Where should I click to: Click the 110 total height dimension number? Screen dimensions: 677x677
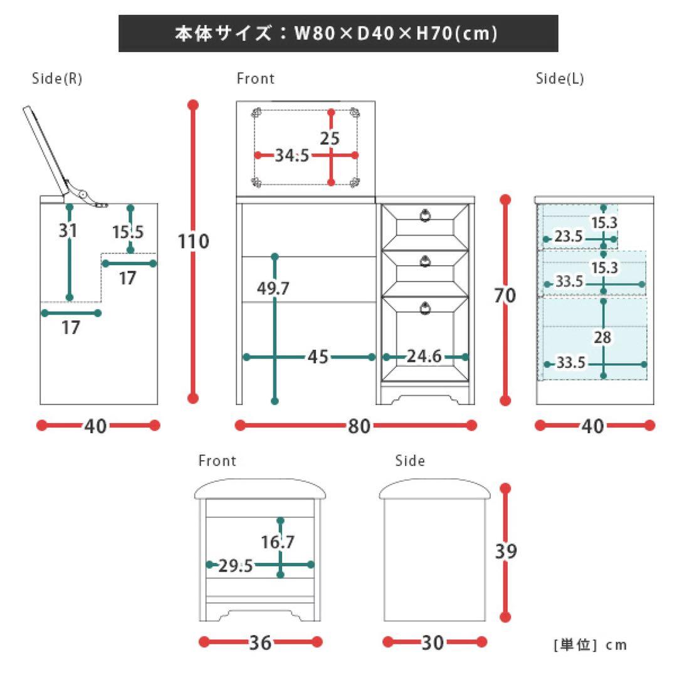(194, 241)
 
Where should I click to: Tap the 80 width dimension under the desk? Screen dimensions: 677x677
(359, 426)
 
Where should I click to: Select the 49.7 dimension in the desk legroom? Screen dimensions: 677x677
(273, 288)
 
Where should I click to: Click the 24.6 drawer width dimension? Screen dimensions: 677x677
(424, 357)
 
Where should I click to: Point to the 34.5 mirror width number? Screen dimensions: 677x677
(292, 155)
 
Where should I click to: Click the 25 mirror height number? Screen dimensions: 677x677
(330, 139)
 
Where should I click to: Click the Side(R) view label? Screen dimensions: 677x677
(57, 79)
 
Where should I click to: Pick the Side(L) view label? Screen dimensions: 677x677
(560, 79)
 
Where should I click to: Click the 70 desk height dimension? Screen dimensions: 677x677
(505, 295)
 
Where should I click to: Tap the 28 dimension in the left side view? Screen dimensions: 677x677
(602, 337)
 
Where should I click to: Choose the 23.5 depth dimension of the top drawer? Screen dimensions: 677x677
(569, 237)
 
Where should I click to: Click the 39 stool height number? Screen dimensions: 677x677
(506, 552)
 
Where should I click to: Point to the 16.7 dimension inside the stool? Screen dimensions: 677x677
(278, 542)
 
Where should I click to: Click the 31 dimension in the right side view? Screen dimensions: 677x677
(68, 231)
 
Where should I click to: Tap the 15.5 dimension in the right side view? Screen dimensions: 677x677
(128, 232)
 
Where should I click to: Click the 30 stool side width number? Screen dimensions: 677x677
(434, 643)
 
